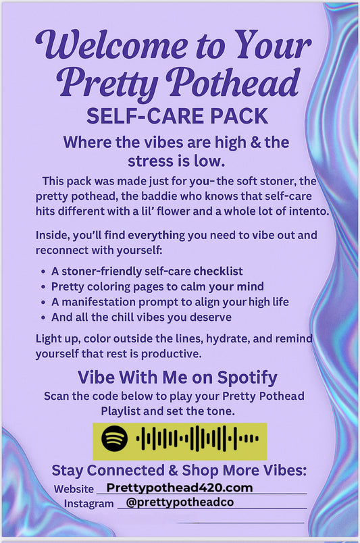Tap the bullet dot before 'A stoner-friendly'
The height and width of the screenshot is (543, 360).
44,272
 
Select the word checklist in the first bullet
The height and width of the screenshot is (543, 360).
216,271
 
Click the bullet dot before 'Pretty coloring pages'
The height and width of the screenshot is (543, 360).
44,287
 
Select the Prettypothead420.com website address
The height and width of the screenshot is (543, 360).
180,487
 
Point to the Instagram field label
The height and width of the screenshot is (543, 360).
88,504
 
